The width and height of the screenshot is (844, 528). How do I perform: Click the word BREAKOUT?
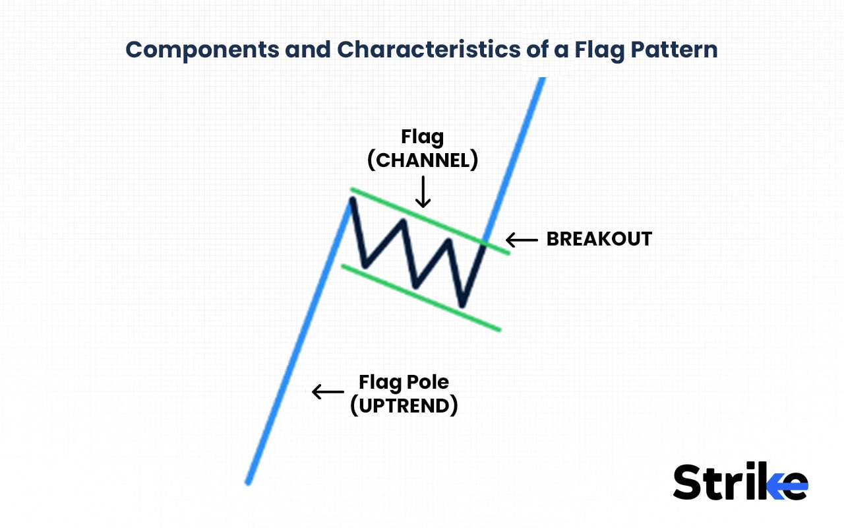coord(599,239)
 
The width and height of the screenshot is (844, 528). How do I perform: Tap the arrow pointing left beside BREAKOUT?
coord(522,240)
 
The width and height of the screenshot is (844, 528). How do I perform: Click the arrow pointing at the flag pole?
coord(328,391)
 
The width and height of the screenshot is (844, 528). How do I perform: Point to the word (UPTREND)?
coord(404,405)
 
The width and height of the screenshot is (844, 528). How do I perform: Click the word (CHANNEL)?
coord(423,160)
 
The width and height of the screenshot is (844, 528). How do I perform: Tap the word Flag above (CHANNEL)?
coord(423,137)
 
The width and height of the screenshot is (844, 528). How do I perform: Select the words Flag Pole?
coord(404,381)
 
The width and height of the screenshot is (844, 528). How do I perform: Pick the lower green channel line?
coord(422,298)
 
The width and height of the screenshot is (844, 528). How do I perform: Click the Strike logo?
coord(740,482)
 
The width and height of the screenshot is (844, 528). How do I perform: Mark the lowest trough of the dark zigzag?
coord(462,306)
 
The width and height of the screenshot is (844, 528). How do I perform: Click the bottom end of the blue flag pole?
coord(249,482)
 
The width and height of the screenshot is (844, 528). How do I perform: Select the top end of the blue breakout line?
coord(543,79)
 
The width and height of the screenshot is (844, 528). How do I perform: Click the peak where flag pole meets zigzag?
coord(351,199)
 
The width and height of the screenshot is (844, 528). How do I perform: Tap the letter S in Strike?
coord(688,482)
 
